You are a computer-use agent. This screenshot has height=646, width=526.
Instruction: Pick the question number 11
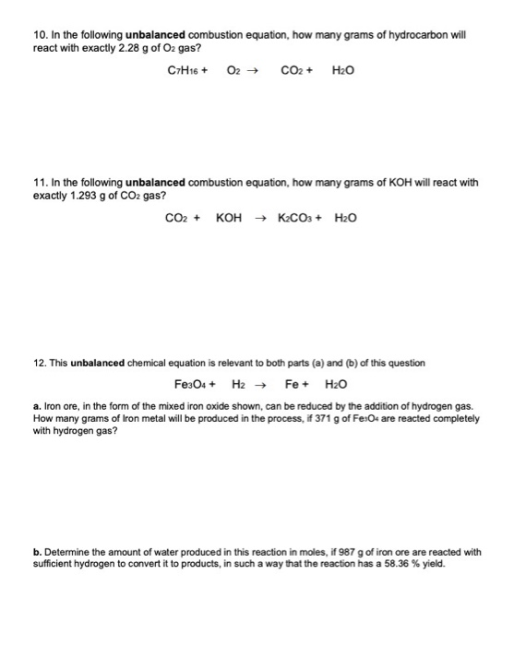(39, 182)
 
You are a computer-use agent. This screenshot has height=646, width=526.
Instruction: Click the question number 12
(39, 362)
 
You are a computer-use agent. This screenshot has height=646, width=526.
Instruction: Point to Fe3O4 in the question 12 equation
(190, 384)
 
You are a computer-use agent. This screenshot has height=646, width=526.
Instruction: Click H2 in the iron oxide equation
(237, 384)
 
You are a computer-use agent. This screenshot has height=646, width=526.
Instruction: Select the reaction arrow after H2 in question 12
(261, 384)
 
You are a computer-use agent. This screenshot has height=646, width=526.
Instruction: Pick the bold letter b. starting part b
(35, 553)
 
